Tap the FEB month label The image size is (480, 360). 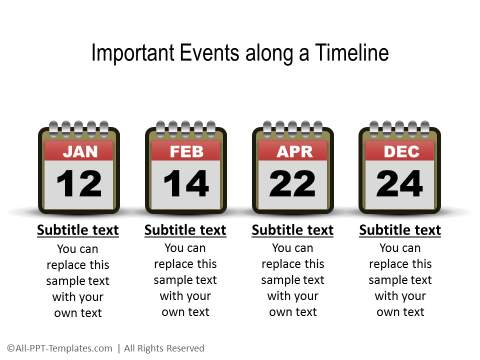click(x=185, y=152)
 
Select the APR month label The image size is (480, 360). click(x=292, y=152)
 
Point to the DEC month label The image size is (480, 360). click(x=400, y=152)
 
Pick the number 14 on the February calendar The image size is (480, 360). click(x=185, y=184)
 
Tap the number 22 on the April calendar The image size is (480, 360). click(x=292, y=184)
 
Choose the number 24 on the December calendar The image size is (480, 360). click(x=400, y=184)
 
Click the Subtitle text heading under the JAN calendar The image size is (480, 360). click(x=78, y=230)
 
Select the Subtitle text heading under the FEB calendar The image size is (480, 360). click(x=185, y=230)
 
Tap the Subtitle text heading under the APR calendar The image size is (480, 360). click(x=292, y=230)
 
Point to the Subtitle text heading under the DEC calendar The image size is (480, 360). click(x=400, y=230)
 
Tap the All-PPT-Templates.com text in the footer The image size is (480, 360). click(x=60, y=348)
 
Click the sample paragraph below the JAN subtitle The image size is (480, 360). click(x=78, y=281)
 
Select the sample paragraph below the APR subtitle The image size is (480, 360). click(x=292, y=280)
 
